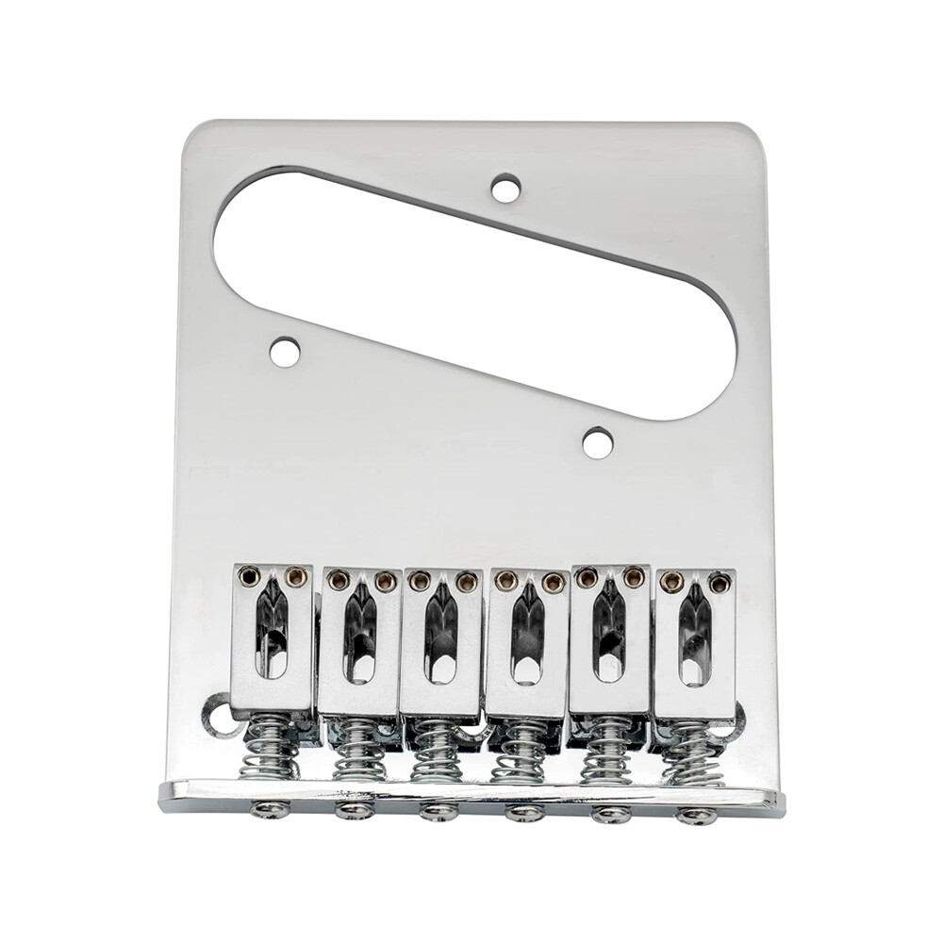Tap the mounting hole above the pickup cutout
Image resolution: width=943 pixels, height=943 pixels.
[x=506, y=188]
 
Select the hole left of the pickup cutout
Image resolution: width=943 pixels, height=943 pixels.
[x=285, y=353]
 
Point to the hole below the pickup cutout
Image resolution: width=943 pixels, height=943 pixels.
[x=597, y=442]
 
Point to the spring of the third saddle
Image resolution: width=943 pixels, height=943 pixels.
[x=437, y=751]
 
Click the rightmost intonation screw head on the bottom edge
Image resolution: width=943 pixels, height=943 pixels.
[x=696, y=816]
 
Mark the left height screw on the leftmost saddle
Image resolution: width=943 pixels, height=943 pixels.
[x=250, y=575]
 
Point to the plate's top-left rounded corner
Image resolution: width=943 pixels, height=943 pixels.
[x=193, y=132]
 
